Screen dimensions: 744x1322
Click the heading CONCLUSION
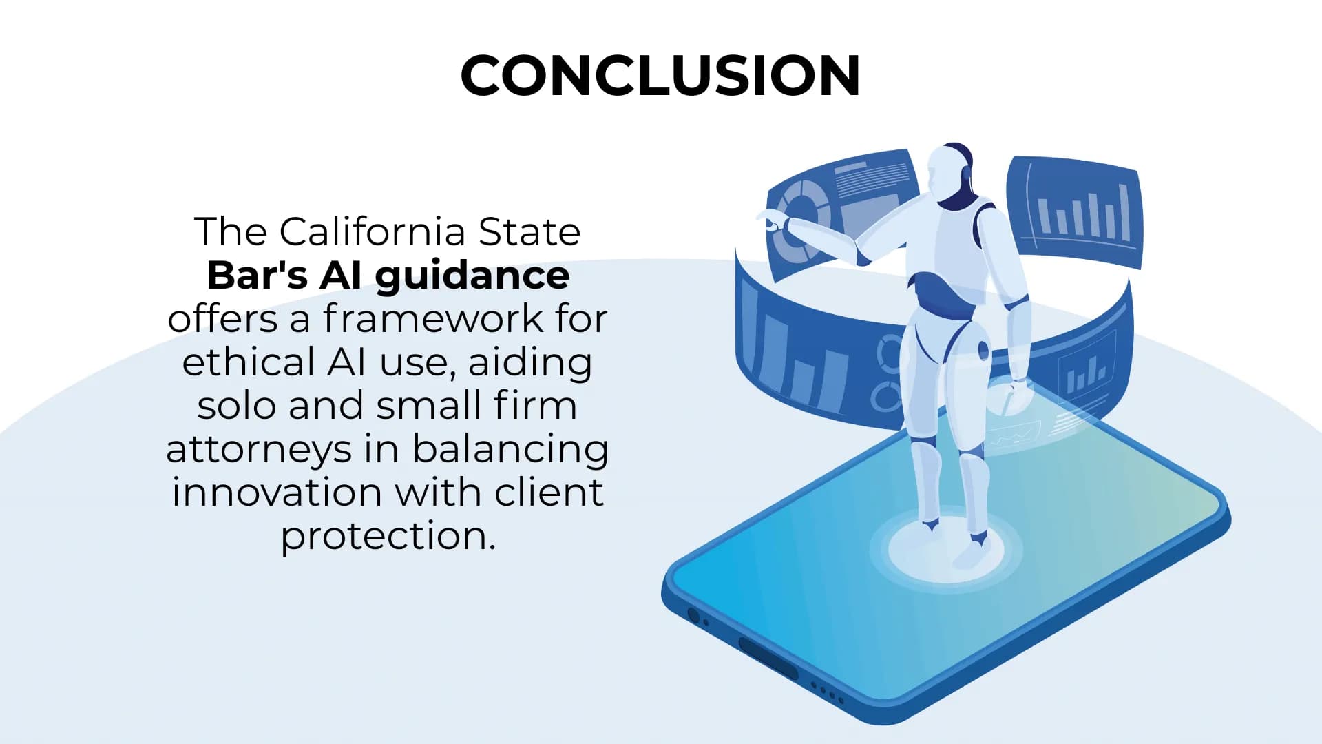pyautogui.click(x=660, y=75)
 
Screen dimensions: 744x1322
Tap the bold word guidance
pyautogui.click(x=472, y=275)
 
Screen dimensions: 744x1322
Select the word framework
pyautogui.click(x=432, y=318)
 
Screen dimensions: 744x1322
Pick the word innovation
pyautogui.click(x=277, y=493)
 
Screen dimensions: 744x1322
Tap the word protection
pyautogui.click(x=388, y=536)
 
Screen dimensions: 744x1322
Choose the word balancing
pyautogui.click(x=510, y=449)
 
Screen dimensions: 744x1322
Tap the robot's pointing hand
pyautogui.click(x=771, y=220)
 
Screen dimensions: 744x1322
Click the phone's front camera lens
pyautogui.click(x=693, y=616)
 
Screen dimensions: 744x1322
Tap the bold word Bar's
pyautogui.click(x=257, y=275)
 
